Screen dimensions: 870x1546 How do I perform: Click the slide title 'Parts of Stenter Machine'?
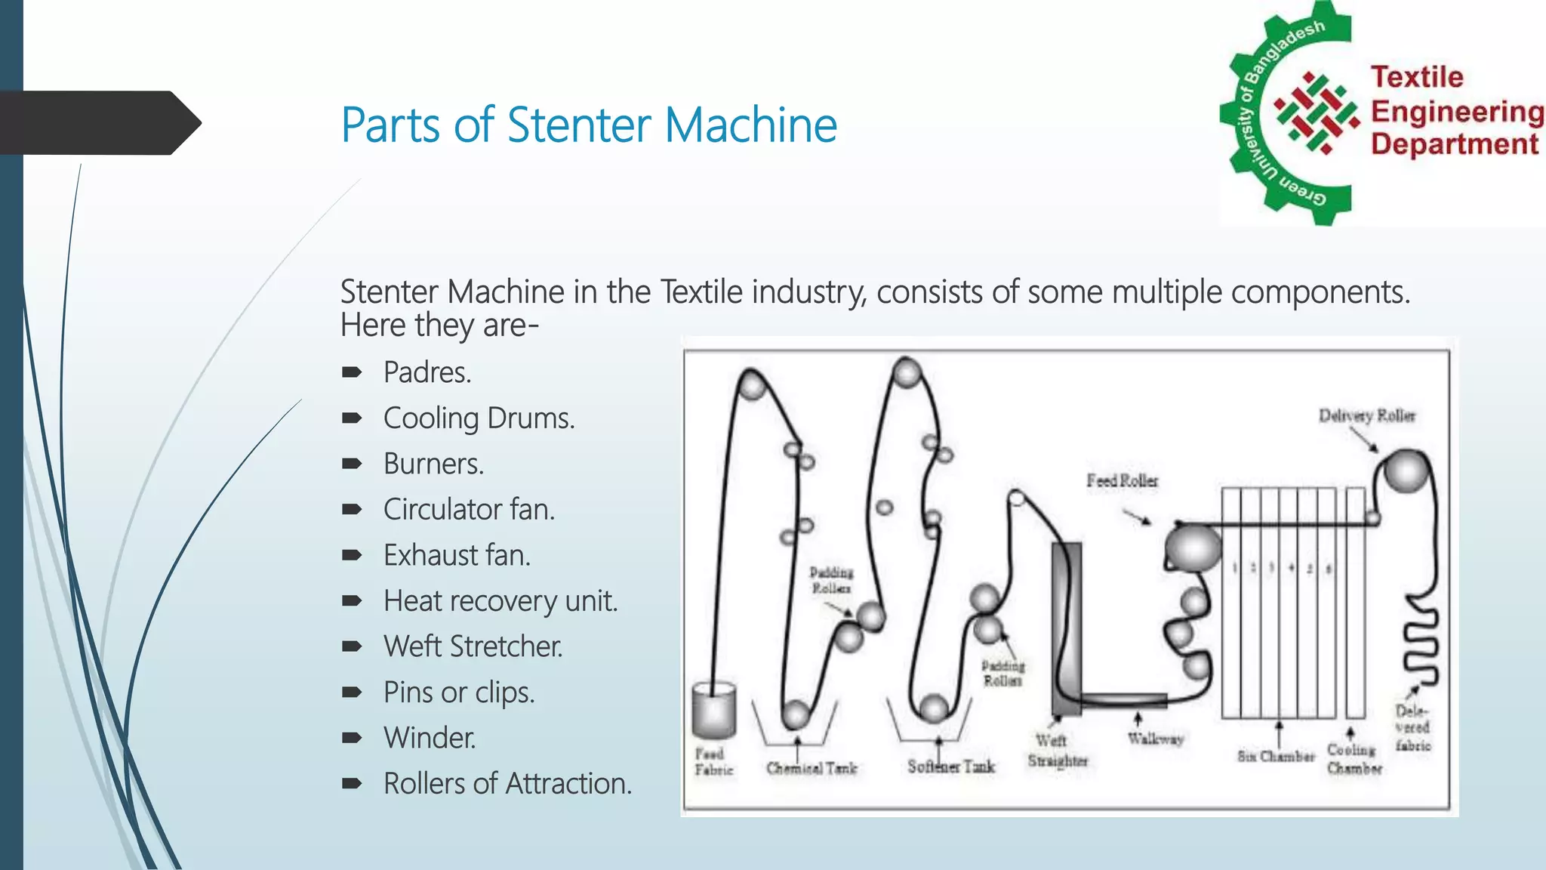point(589,125)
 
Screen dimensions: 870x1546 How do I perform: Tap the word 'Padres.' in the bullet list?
point(427,372)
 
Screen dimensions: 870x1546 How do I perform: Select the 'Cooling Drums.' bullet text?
point(479,418)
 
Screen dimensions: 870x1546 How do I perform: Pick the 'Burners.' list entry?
point(433,464)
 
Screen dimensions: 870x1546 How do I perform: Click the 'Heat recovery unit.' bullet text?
point(500,601)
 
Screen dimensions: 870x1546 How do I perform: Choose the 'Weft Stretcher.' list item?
point(473,646)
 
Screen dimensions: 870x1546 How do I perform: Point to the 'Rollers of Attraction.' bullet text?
point(507,784)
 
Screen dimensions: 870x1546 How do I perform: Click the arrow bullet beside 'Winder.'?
point(352,738)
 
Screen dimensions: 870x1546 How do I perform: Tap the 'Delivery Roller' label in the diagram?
point(1366,415)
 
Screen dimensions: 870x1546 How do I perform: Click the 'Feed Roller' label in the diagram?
point(1122,480)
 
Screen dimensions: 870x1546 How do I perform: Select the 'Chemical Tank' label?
point(811,768)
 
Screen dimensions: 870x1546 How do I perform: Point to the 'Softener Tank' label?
point(951,767)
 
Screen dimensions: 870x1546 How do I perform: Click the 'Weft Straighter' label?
point(1057,751)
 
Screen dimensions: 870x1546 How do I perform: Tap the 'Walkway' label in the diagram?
point(1156,739)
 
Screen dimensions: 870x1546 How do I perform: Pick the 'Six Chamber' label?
point(1276,756)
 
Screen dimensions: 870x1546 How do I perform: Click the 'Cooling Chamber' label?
point(1354,759)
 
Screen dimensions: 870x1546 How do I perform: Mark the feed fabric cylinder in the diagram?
point(713,710)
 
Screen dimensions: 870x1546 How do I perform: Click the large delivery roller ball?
point(1406,470)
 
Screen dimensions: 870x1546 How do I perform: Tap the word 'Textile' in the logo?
point(1417,77)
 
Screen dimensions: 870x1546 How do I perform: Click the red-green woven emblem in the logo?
point(1317,113)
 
